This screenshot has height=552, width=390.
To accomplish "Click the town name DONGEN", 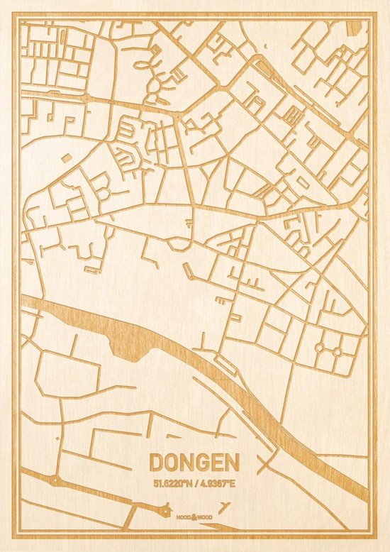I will click(x=194, y=463).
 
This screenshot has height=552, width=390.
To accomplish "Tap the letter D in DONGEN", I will click(x=157, y=463).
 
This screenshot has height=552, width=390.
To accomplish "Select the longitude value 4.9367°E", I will click(x=218, y=484).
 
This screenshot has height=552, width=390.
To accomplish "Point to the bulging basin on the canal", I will click(x=125, y=347).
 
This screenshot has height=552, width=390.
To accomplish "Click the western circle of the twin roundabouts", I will click(x=319, y=349).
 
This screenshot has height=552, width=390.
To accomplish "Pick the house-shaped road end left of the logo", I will click(x=166, y=508).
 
